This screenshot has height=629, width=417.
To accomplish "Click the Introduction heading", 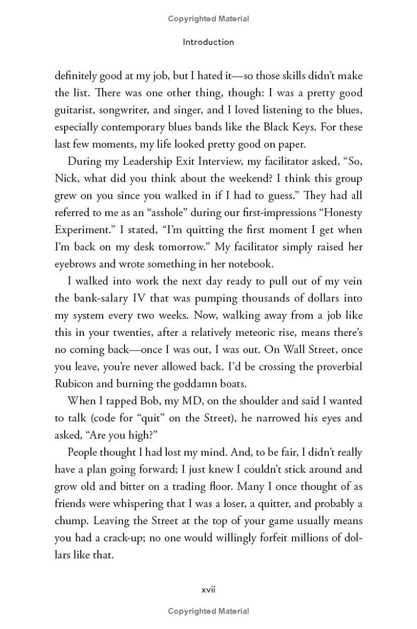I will tap(208, 42).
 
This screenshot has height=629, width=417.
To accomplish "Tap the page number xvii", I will tap(208, 589).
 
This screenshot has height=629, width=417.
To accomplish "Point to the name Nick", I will tap(66, 178).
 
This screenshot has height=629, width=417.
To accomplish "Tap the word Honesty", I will tap(338, 213).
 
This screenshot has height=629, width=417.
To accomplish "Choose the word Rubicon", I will tap(76, 384).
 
